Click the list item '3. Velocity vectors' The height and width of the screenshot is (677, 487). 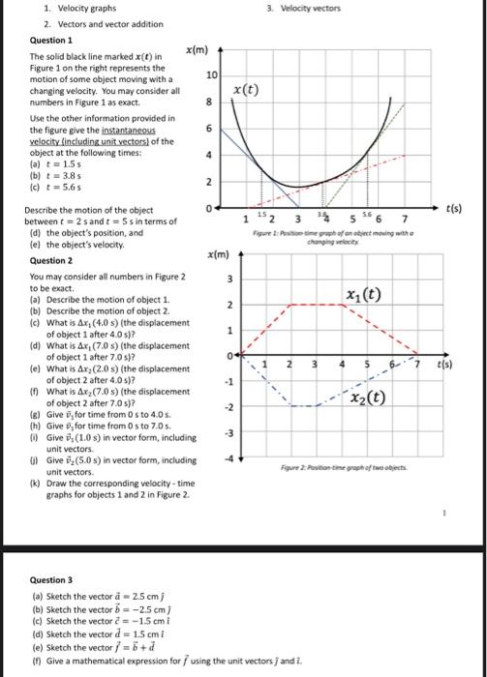[x=307, y=8]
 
